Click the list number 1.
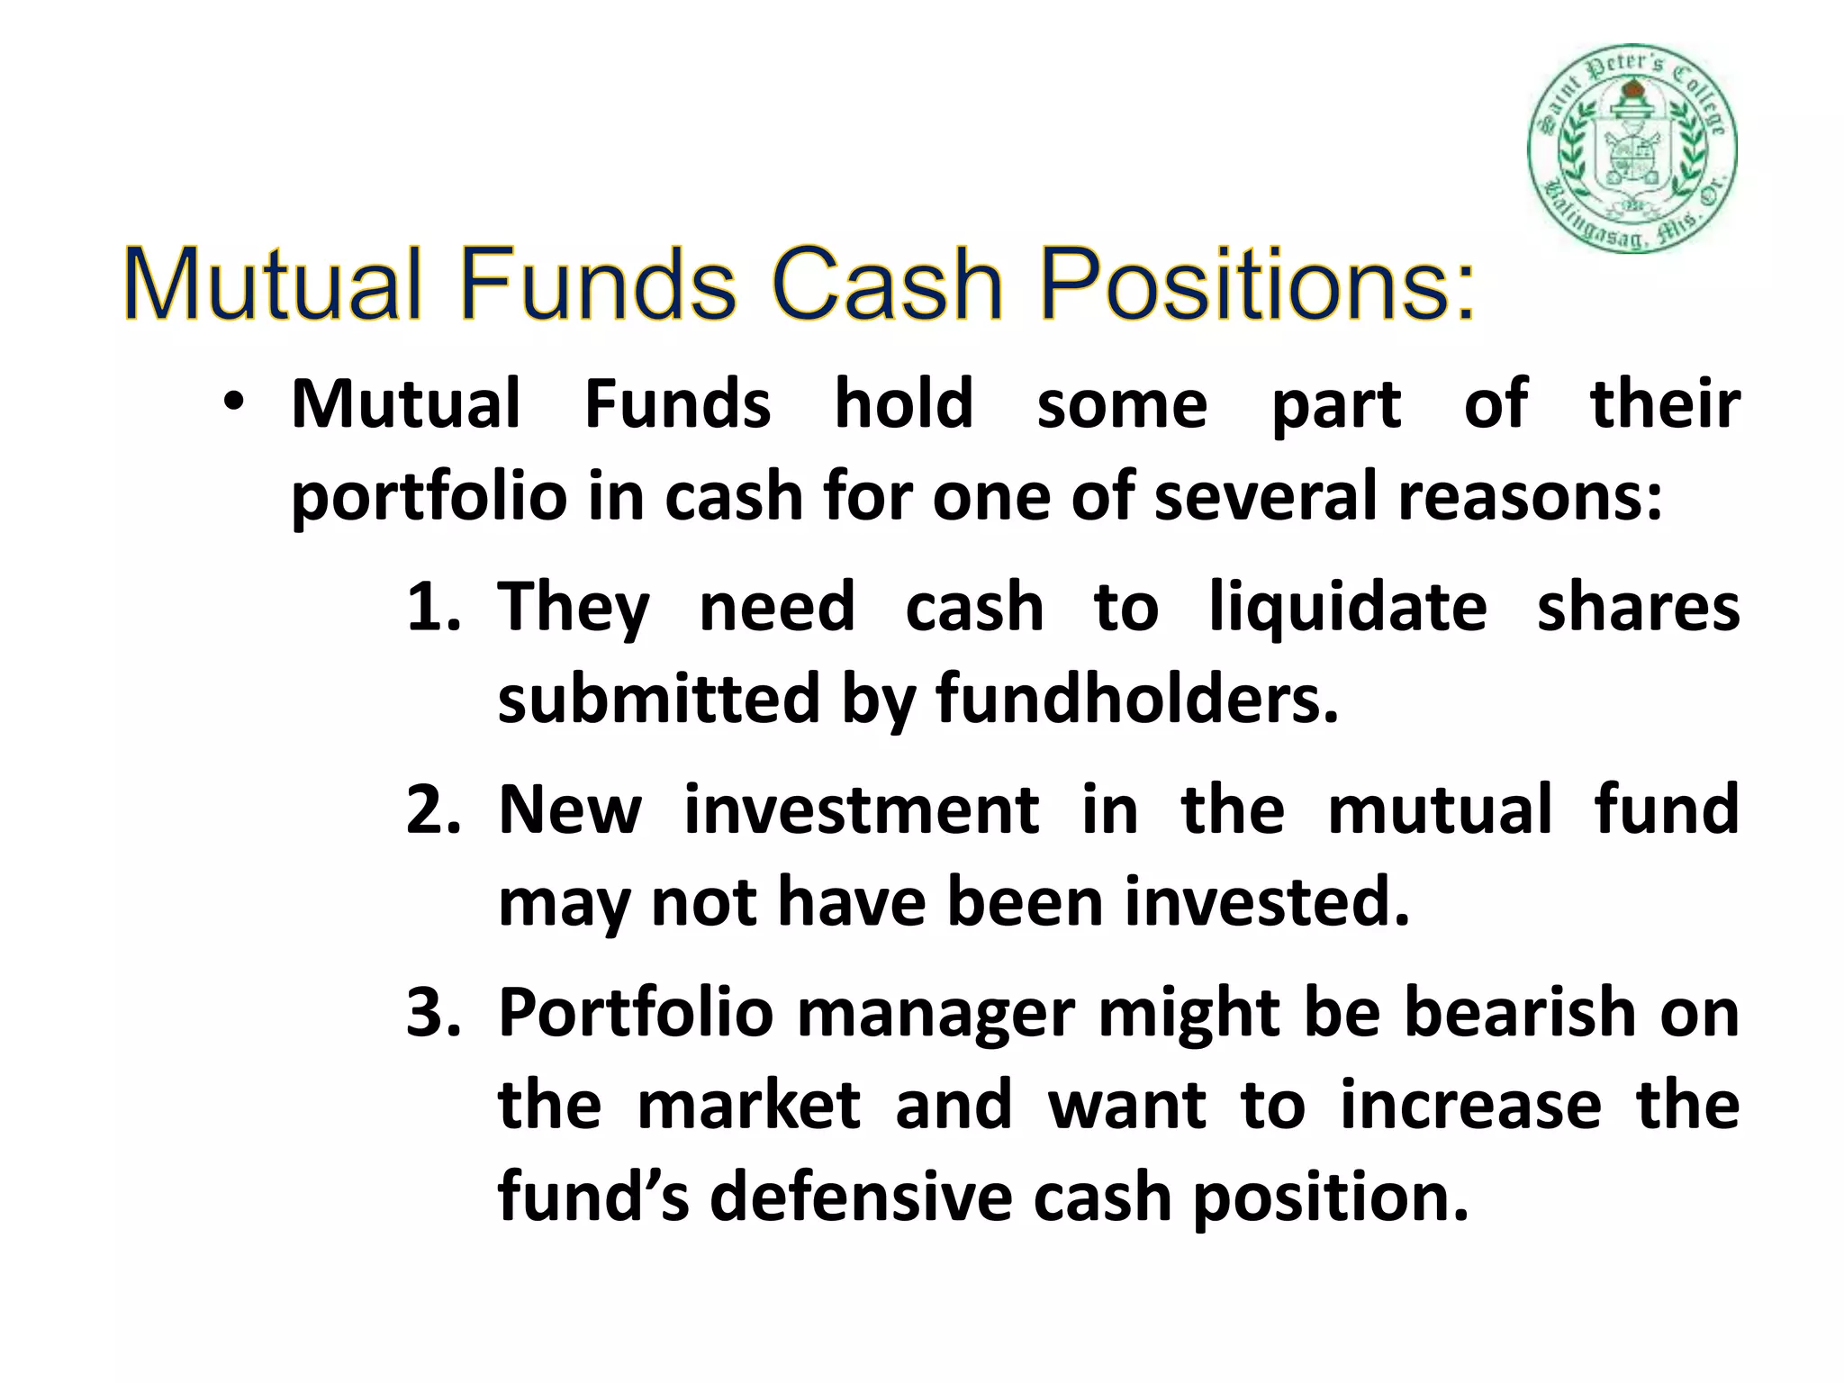[432, 607]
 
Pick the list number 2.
[432, 809]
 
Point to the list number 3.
[432, 1013]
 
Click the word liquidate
[1347, 607]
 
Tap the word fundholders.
[1137, 700]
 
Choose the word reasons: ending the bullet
[1530, 497]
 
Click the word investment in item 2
[862, 809]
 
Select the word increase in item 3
[1470, 1106]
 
